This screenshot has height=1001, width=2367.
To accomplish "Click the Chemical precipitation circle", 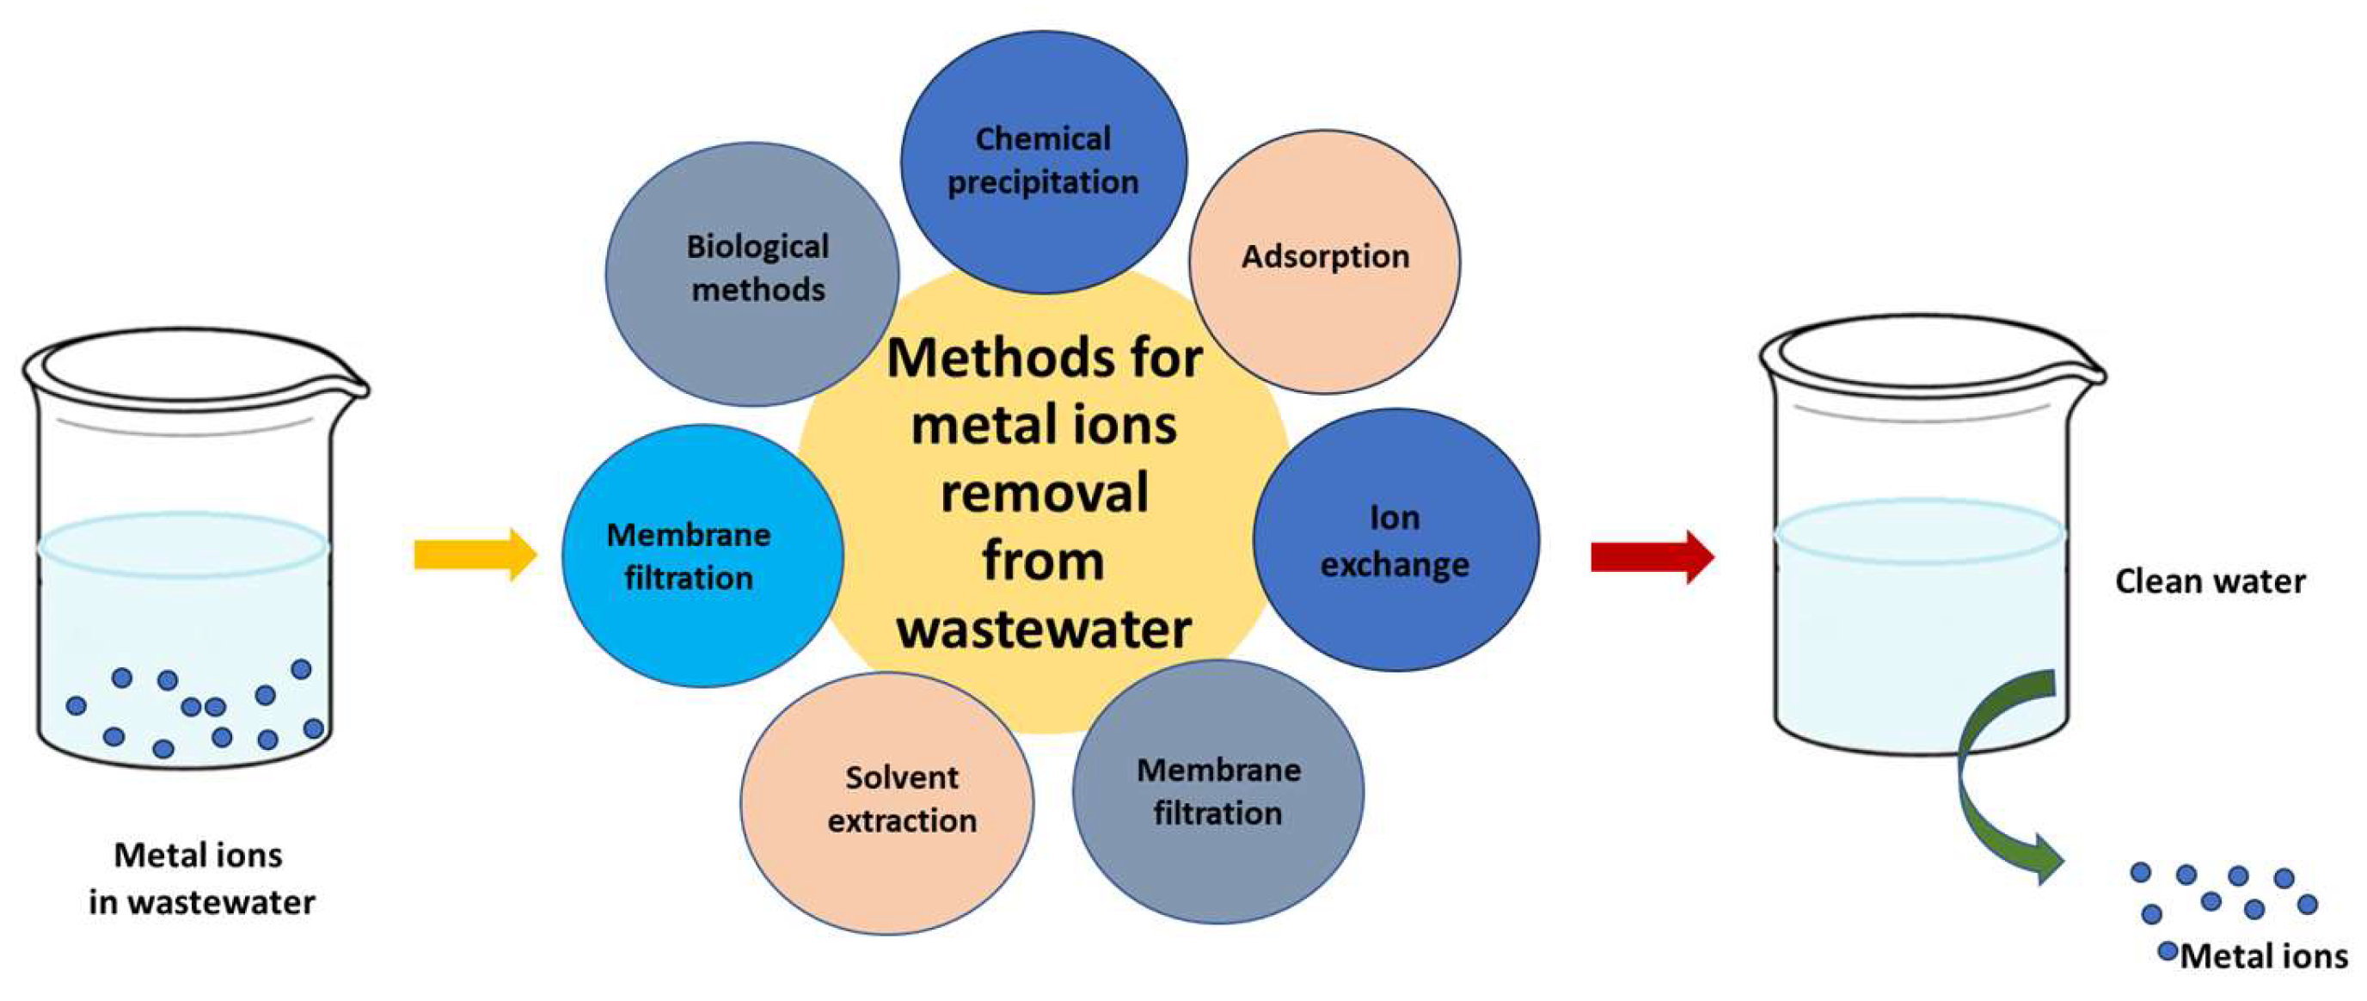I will coord(1043,162).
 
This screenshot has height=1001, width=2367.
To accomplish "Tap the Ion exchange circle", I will coord(1395,540).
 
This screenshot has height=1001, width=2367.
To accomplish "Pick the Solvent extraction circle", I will coord(886,802).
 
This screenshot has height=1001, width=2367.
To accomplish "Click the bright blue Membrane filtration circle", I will coord(702,556).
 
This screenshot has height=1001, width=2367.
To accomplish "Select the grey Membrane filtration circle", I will coord(1217,792).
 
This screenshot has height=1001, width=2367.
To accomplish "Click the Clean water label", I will coord(2210,581).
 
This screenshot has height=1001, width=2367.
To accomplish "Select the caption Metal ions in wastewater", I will coord(201,879).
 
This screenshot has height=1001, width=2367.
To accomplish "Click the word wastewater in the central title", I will coord(1044,629).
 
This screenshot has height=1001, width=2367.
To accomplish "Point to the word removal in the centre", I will coord(1044,494).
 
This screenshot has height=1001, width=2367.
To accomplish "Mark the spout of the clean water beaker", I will coord(2090,372).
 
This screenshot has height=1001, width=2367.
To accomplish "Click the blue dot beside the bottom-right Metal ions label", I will coord(2168,951).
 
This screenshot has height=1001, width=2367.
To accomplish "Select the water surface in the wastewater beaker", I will coord(184,546).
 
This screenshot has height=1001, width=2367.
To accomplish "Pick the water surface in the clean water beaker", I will coord(1921,531).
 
